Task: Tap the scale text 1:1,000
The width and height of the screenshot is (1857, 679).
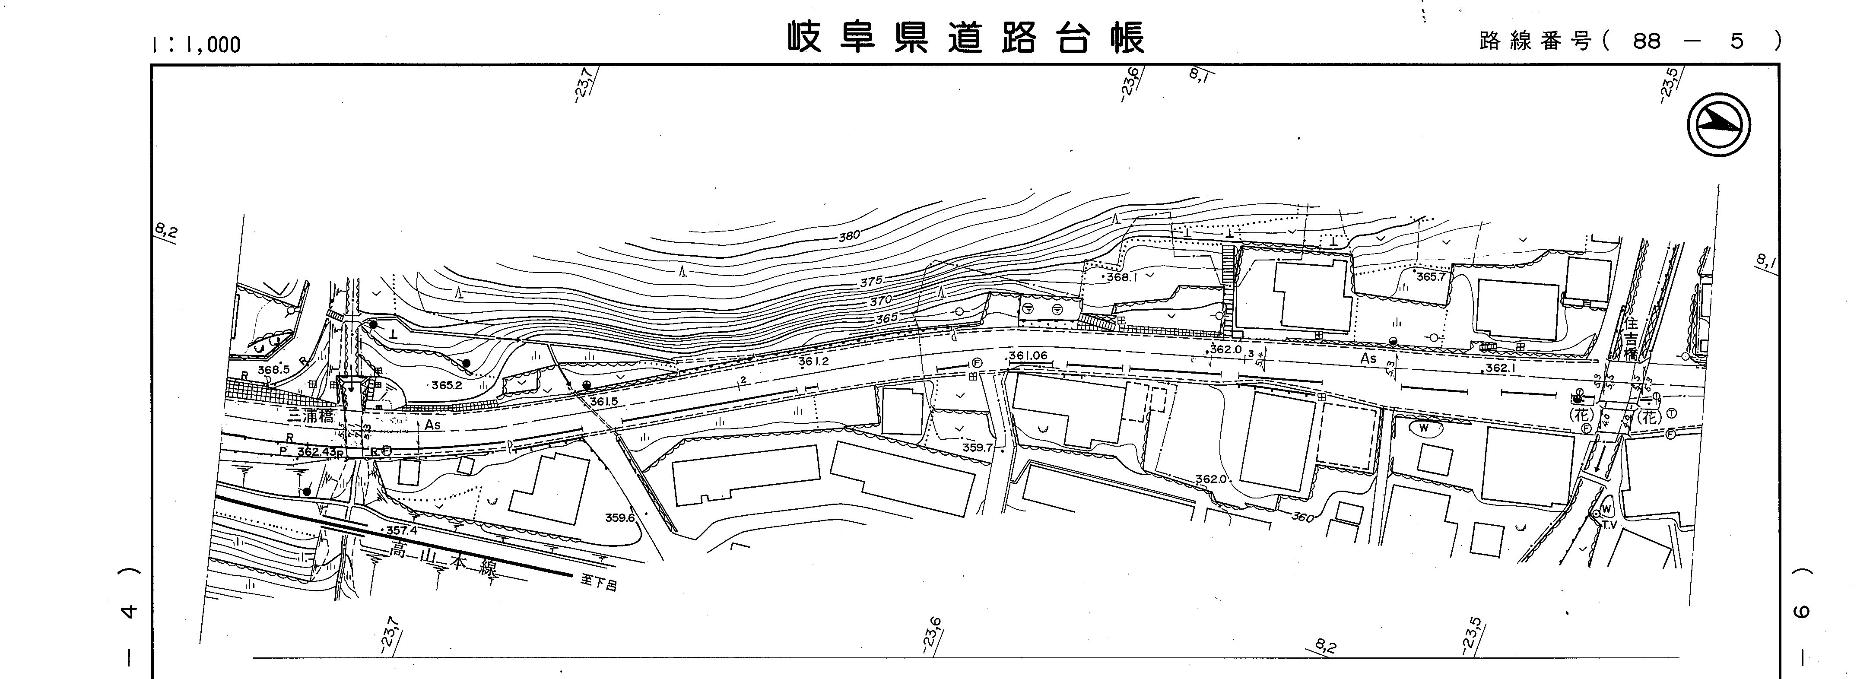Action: [195, 44]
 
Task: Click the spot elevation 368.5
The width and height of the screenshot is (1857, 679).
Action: [273, 369]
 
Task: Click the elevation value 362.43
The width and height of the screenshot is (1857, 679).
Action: [317, 452]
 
